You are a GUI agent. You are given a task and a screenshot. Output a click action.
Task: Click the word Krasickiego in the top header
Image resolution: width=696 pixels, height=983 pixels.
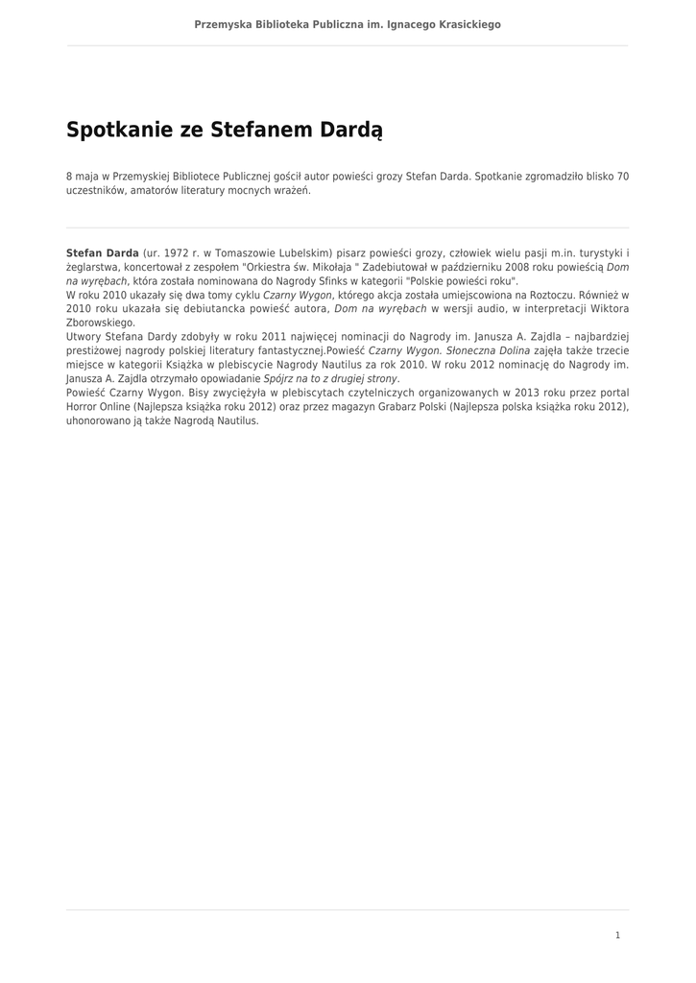tap(466, 24)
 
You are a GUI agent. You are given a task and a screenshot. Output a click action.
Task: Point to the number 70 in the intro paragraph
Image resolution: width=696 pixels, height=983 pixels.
tap(622, 177)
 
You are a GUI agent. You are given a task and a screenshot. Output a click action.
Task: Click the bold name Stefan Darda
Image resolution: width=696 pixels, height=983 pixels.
tap(103, 252)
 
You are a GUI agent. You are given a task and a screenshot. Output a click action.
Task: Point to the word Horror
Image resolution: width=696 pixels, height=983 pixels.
tap(84, 407)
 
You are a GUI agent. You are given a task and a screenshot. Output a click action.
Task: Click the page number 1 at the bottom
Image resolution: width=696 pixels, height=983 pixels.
tap(618, 935)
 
